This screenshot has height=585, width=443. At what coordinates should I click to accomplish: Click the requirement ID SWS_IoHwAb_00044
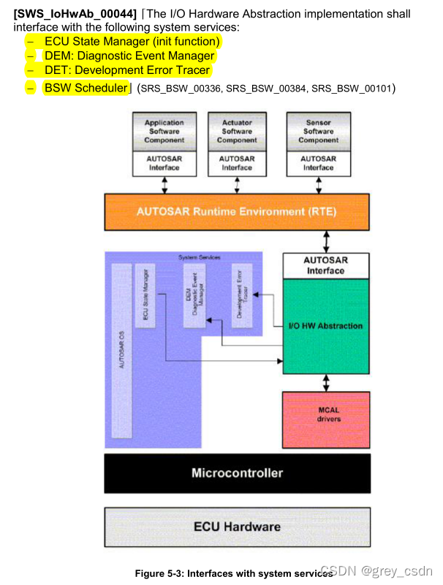pyautogui.click(x=75, y=14)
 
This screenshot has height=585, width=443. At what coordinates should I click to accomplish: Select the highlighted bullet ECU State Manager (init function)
pyautogui.click(x=132, y=42)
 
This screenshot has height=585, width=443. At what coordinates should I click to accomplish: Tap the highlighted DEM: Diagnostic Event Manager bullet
pyautogui.click(x=129, y=56)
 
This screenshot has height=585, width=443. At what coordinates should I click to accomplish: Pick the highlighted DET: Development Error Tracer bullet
pyautogui.click(x=126, y=70)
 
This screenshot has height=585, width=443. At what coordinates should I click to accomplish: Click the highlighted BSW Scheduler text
pyautogui.click(x=86, y=88)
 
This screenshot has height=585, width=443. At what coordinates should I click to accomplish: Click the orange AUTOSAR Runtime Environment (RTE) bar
pyautogui.click(x=237, y=211)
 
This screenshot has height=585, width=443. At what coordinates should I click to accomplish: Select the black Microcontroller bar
pyautogui.click(x=237, y=473)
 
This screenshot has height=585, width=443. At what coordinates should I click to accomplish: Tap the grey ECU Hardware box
pyautogui.click(x=237, y=526)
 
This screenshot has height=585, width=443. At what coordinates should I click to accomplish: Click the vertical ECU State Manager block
pyautogui.click(x=145, y=293)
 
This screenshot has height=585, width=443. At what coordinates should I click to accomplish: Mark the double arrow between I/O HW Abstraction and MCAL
pyautogui.click(x=326, y=382)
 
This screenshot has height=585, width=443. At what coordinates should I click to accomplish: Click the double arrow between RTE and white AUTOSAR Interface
pyautogui.click(x=326, y=240)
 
